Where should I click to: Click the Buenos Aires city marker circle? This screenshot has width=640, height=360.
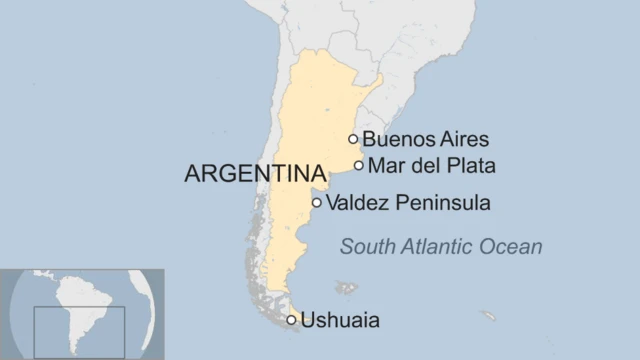pos(353,139)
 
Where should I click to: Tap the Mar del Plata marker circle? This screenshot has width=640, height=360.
pos(359,165)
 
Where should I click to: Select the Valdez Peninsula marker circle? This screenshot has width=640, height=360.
pos(317,203)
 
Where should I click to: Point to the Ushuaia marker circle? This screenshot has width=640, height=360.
pos(292,320)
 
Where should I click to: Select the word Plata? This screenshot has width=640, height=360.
pos(471,165)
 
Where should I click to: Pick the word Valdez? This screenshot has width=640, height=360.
pos(357,203)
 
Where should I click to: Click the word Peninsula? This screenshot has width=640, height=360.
pos(441,203)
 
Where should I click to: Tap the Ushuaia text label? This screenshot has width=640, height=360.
pos(341,321)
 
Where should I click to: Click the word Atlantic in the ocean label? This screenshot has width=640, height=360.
pos(440,246)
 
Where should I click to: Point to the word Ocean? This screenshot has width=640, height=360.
pos(515,246)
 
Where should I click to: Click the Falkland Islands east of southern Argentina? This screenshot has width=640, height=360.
pos(346,288)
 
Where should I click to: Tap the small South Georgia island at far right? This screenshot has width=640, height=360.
pos(488,316)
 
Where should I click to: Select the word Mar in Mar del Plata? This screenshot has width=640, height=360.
pos(385,165)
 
